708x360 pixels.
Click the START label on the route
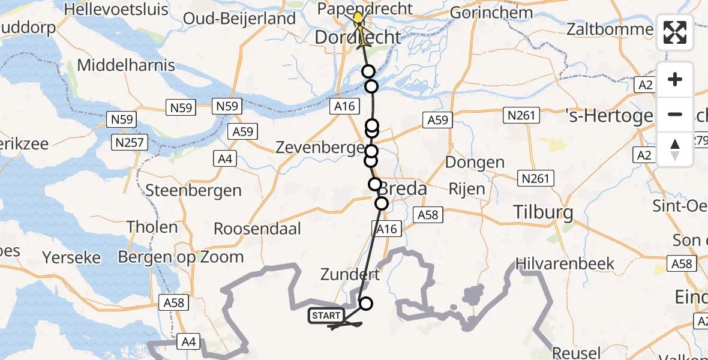326,316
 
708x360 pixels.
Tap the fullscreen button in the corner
675,32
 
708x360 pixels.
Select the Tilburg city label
543,212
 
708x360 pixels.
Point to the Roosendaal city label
257,229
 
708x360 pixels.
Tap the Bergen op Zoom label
181,257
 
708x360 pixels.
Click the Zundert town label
350,275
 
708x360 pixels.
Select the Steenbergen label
194,191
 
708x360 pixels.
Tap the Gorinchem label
490,13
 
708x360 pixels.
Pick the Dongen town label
475,163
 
